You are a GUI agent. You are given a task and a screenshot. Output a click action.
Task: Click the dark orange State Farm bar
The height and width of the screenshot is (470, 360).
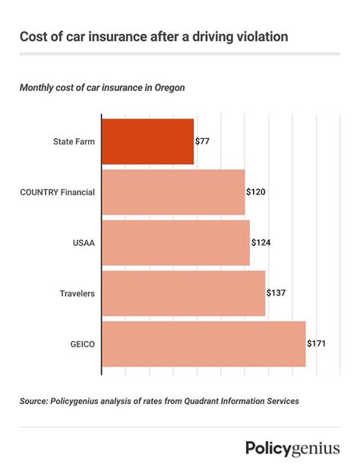(x=147, y=142)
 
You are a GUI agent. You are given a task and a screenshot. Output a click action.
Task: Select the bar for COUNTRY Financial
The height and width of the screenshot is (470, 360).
(x=172, y=192)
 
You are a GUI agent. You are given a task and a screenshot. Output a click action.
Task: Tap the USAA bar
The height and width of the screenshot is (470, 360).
(x=175, y=243)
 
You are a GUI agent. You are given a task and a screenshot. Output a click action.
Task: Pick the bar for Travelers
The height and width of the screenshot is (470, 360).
(x=183, y=293)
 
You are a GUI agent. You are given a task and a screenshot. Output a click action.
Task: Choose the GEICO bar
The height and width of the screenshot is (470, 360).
(x=203, y=344)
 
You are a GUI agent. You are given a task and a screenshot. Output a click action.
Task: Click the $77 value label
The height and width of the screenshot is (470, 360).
(x=203, y=142)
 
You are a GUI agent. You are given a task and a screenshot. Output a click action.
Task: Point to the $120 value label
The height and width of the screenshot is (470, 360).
(x=256, y=193)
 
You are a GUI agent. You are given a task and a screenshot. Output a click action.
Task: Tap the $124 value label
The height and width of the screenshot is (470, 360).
(x=261, y=243)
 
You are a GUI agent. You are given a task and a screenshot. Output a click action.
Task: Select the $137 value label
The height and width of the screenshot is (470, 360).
(x=276, y=293)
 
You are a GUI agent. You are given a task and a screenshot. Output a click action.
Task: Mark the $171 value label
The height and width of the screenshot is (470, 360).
(x=317, y=344)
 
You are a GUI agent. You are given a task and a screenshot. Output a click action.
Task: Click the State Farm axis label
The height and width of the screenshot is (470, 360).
(x=74, y=142)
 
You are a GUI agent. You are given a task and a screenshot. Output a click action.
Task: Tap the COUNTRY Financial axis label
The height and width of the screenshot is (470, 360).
(x=58, y=193)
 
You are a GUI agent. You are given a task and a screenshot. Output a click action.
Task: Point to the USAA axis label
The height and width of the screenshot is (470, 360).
(x=84, y=243)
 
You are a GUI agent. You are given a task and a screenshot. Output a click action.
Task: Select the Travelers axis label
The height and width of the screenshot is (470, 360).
(x=77, y=293)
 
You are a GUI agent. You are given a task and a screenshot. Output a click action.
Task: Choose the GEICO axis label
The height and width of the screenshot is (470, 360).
(x=83, y=344)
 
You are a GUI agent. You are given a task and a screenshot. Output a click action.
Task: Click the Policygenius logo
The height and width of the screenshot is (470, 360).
(x=292, y=448)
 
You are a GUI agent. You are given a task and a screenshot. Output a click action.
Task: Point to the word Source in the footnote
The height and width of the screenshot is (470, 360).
(x=35, y=400)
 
